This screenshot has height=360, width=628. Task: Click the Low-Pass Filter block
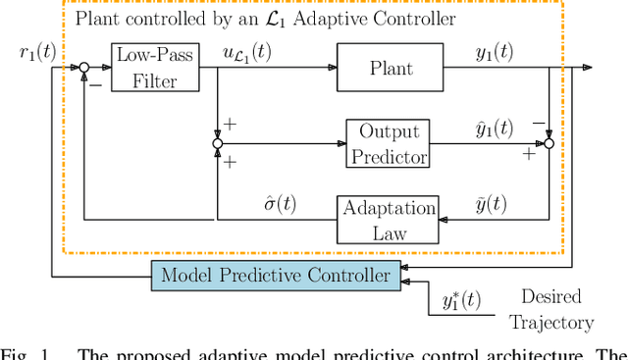(x=147, y=67)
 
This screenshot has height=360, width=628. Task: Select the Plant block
(x=378, y=68)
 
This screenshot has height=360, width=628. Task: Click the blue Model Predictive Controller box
(x=277, y=276)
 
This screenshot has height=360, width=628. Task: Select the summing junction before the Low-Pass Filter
(x=84, y=68)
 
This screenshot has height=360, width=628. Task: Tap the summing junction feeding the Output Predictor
(x=217, y=143)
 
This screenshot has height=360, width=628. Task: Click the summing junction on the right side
(x=549, y=143)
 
